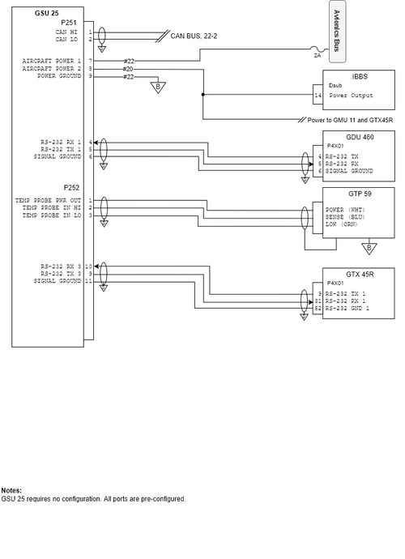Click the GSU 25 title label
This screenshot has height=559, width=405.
click(x=47, y=13)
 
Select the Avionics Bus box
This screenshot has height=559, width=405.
click(x=337, y=32)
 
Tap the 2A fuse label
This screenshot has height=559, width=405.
click(x=318, y=56)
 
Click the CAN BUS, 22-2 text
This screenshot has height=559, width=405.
click(x=194, y=36)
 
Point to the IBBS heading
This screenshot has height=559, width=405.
click(x=360, y=77)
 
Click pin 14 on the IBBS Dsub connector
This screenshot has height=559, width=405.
click(x=318, y=96)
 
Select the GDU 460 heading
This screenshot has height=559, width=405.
click(x=360, y=137)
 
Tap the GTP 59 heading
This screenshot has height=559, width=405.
click(x=360, y=194)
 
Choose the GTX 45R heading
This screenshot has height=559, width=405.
click(x=360, y=275)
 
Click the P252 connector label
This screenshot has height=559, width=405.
click(x=71, y=187)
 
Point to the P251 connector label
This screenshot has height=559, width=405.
click(x=69, y=23)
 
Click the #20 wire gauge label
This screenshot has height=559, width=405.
click(x=128, y=69)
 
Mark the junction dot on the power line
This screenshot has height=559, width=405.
click(x=203, y=95)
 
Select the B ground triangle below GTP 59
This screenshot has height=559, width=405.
click(x=369, y=248)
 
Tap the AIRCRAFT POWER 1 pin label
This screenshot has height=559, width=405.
click(x=51, y=62)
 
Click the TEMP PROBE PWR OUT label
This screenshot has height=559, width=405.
click(x=48, y=201)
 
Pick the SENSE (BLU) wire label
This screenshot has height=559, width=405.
click(x=345, y=217)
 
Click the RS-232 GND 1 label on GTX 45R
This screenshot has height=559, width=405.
click(x=347, y=309)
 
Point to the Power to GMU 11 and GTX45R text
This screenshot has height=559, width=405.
click(x=350, y=120)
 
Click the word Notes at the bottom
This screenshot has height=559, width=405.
click(x=11, y=491)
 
